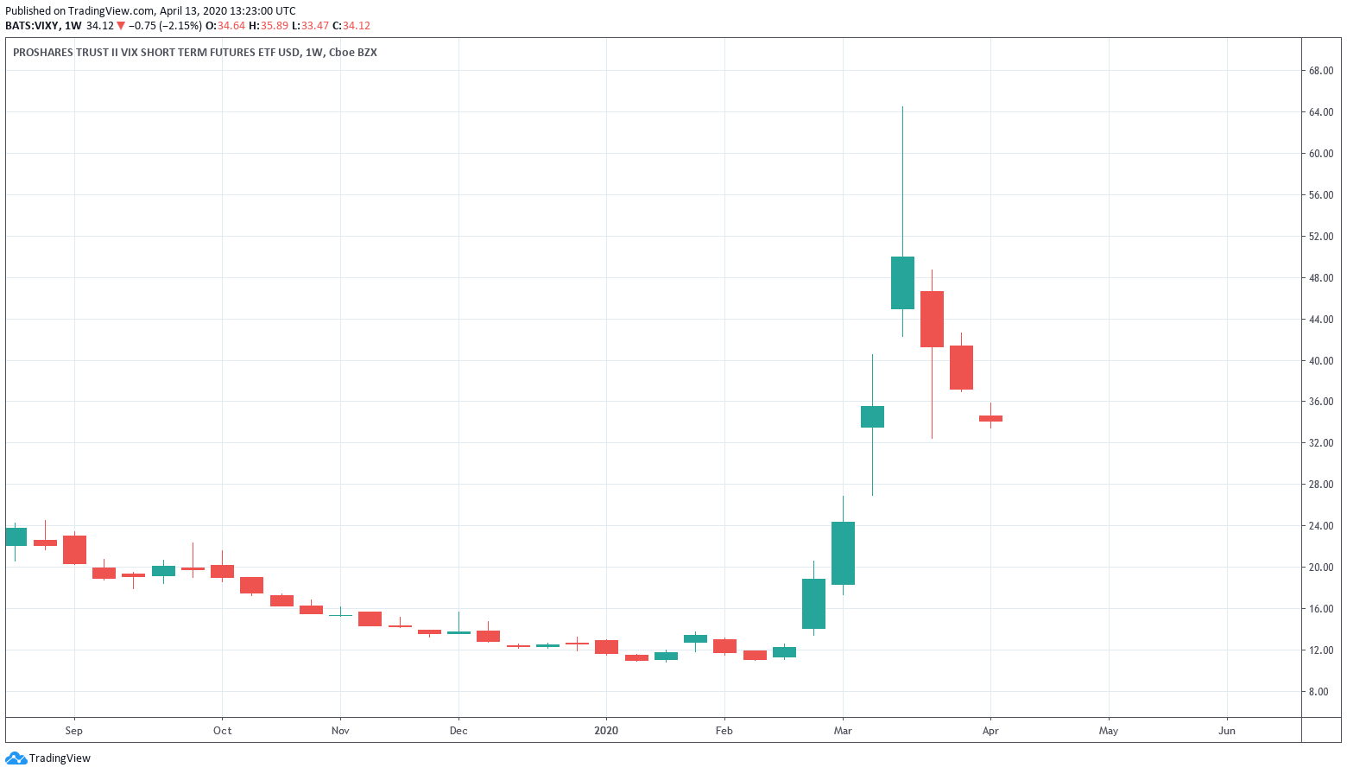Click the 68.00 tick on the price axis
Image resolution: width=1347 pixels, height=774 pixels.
tap(1320, 71)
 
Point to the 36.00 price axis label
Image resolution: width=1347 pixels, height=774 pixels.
tap(1320, 402)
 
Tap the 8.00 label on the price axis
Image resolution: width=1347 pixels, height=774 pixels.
tap(1318, 692)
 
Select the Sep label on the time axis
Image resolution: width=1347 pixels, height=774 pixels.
tap(74, 731)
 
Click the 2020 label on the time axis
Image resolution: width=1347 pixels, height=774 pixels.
tap(606, 731)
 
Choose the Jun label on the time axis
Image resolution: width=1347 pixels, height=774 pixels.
tap(1226, 731)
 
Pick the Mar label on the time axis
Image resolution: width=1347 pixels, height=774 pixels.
tap(843, 731)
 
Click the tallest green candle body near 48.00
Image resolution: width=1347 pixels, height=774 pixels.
tap(902, 282)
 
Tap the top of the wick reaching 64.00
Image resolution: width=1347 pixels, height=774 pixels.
tap(902, 108)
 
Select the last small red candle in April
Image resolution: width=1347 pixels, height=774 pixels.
tap(990, 418)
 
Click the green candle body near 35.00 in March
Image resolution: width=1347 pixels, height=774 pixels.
tap(872, 416)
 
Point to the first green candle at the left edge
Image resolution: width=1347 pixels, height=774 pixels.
tap(16, 536)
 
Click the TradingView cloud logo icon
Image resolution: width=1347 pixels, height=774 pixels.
tap(16, 758)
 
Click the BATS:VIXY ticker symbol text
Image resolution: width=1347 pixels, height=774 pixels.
tap(32, 26)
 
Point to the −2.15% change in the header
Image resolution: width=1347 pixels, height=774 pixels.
tap(180, 26)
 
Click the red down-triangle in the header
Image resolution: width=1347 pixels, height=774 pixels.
tap(121, 26)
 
